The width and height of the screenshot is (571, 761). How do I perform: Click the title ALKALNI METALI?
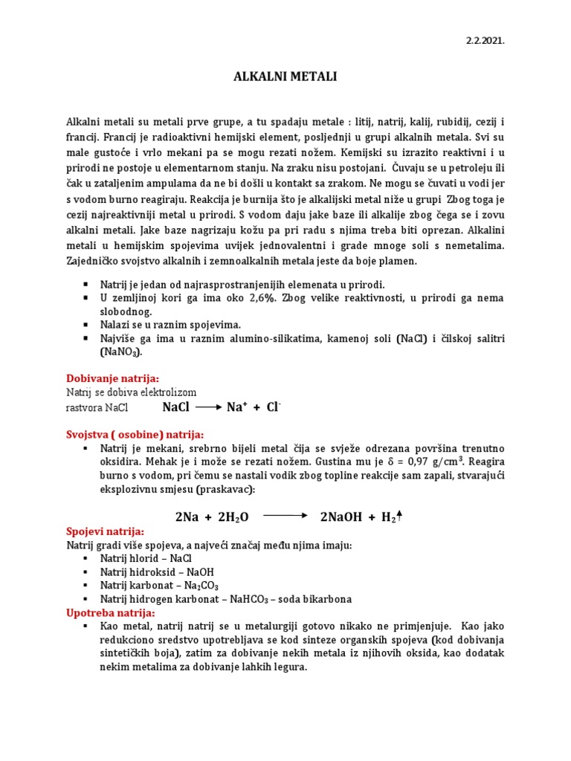coord(285,77)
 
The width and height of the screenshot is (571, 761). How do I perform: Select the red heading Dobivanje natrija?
coord(113,378)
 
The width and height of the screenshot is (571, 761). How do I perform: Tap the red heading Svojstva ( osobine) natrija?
coord(135,434)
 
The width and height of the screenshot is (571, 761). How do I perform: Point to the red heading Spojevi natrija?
coord(106,531)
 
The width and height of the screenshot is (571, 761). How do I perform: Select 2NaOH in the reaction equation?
coord(344,517)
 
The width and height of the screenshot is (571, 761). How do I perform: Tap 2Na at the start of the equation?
coord(188,517)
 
